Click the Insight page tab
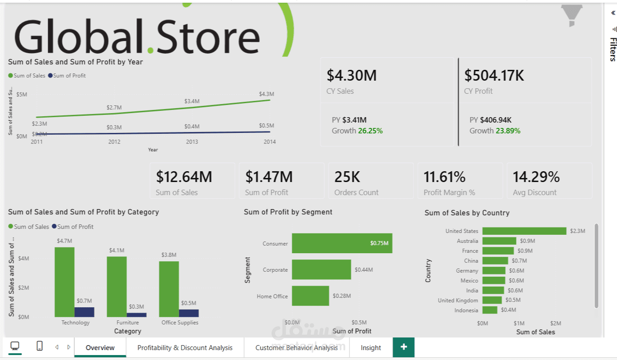[x=371, y=347]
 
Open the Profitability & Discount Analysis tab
[x=185, y=347]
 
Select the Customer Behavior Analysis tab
[x=296, y=347]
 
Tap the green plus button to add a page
[x=404, y=347]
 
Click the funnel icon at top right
[x=572, y=14]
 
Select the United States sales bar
[x=524, y=231]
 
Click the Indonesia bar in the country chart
[x=490, y=310]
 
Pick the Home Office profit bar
[x=310, y=296]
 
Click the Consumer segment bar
[x=342, y=243]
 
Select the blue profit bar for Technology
[x=84, y=312]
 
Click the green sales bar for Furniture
[x=117, y=287]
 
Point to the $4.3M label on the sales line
[x=266, y=94]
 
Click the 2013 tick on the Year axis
[x=192, y=141]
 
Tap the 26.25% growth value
[x=370, y=131]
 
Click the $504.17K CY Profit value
[x=494, y=75]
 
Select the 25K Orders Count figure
[x=347, y=177]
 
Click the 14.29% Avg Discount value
[x=536, y=177]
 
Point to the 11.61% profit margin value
[x=444, y=177]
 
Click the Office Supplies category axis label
[x=180, y=323]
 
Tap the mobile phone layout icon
[x=40, y=346]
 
